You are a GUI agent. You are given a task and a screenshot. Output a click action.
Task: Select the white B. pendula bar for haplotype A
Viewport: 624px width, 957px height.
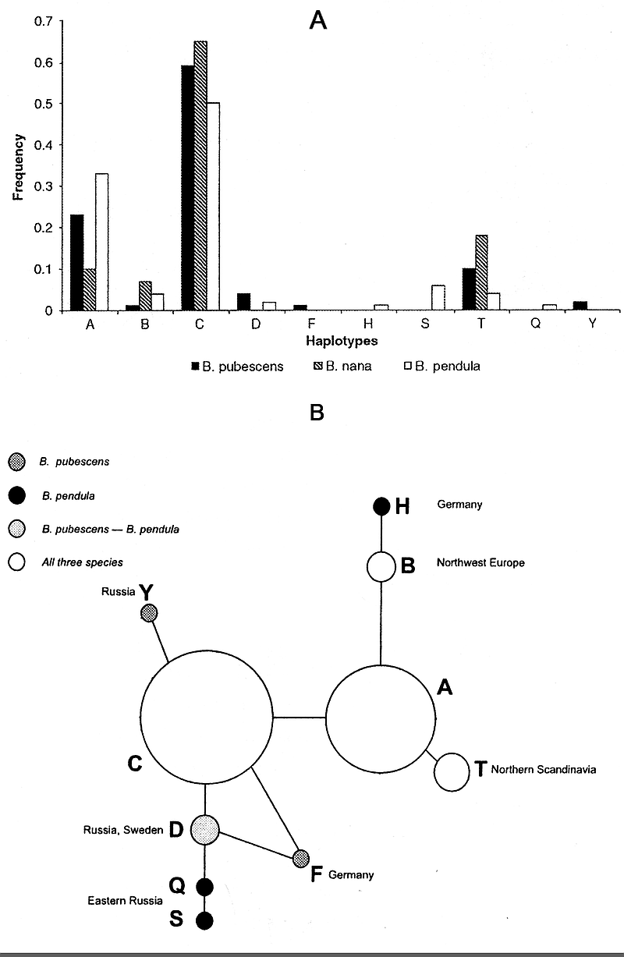click(101, 242)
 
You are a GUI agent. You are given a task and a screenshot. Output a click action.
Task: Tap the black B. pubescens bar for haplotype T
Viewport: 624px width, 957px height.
click(468, 289)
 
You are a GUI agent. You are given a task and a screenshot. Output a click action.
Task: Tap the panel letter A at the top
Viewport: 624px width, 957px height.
click(317, 21)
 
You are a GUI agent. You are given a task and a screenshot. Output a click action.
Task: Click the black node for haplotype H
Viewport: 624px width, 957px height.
click(381, 506)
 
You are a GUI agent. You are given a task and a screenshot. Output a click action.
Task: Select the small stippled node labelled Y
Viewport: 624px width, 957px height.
click(149, 612)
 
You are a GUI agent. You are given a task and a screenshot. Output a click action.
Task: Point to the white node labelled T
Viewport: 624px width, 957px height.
click(450, 772)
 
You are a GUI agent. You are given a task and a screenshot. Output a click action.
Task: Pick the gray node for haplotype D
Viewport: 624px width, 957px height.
click(205, 830)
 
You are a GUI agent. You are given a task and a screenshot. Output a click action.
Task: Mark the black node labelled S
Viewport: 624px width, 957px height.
click(204, 921)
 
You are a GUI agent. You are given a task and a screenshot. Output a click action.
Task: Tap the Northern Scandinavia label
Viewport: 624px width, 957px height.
click(544, 770)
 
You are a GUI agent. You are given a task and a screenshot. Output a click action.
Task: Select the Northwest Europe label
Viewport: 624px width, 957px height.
click(480, 562)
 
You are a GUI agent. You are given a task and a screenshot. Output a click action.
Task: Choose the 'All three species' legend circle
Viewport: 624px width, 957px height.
click(14, 562)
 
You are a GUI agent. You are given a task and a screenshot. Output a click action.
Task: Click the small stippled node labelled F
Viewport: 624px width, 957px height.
click(301, 859)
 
